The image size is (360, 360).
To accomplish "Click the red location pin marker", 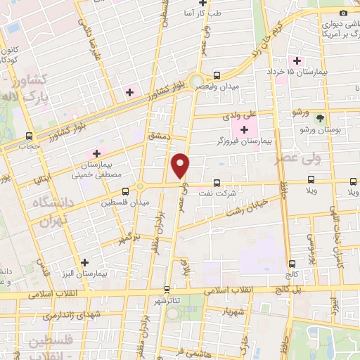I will (x=181, y=165).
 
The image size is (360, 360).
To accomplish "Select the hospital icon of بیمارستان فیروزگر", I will (x=245, y=129).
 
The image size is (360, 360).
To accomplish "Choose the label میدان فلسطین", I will (x=125, y=202).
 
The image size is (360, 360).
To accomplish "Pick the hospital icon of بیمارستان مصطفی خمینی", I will (x=97, y=153).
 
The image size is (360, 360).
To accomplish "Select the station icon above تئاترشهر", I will (x=167, y=288).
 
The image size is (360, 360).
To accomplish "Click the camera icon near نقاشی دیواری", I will (x=343, y=13).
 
